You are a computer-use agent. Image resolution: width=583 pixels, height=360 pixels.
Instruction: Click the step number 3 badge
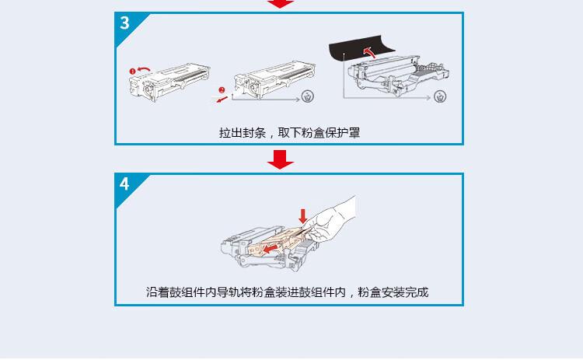(125, 23)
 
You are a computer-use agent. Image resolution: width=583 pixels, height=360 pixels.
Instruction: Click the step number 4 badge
(125, 184)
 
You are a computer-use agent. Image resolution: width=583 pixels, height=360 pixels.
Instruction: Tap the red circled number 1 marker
(133, 72)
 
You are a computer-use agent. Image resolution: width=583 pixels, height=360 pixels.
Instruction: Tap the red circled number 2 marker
(221, 89)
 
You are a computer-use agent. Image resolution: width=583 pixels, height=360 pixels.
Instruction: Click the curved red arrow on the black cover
(370, 53)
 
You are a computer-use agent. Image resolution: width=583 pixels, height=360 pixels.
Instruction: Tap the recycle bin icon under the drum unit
(441, 97)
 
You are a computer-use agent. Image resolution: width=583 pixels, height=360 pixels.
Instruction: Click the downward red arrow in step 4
(302, 213)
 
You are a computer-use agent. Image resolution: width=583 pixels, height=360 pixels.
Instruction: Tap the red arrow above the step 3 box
(281, 4)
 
